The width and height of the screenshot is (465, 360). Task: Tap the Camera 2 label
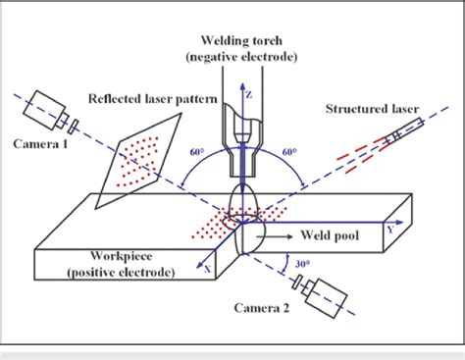click(x=262, y=308)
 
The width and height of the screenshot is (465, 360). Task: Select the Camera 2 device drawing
click(x=325, y=293)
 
